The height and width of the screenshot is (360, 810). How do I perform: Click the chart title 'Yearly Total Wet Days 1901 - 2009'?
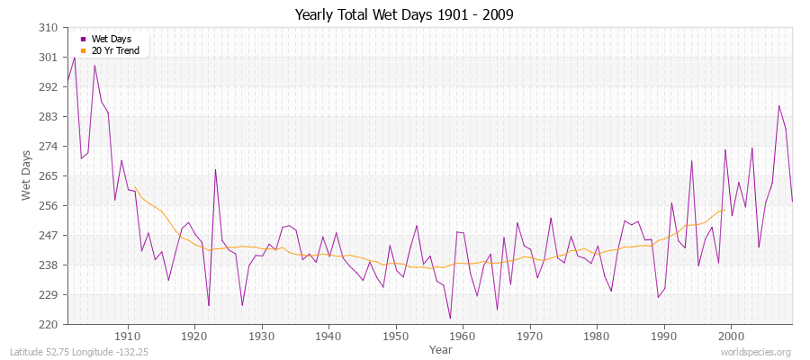tap(404, 15)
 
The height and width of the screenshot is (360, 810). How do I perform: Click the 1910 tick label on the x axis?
tap(128, 336)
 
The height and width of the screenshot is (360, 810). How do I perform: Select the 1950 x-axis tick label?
tap(396, 336)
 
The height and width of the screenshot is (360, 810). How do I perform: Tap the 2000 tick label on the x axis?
tap(732, 336)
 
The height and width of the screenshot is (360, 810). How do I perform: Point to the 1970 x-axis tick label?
tap(530, 336)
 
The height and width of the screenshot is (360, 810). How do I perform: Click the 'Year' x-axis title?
tap(441, 348)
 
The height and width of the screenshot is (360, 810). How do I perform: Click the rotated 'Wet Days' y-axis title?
tap(25, 176)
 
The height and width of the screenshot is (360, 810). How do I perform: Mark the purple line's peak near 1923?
tap(215, 169)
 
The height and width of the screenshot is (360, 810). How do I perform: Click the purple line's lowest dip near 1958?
tap(450, 318)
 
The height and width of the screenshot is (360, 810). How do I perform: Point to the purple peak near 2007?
tap(779, 105)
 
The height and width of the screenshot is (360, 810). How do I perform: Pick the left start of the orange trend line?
tap(134, 187)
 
